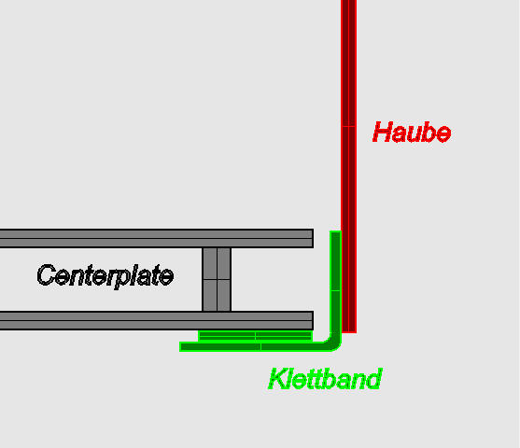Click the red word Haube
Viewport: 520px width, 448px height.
pos(411,133)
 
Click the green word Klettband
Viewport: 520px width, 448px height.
pos(324,379)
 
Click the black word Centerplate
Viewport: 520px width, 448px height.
pos(105,275)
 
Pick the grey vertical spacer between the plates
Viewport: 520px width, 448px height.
pos(217,279)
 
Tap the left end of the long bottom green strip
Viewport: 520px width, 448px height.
pos(184,346)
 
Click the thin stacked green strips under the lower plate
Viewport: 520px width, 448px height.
pos(254,335)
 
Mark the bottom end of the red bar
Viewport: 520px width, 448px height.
pos(348,329)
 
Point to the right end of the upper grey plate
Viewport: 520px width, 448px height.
pos(309,238)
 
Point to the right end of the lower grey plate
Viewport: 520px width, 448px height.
pos(309,320)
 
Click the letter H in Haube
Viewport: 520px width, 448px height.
pos(382,133)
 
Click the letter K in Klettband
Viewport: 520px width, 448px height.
pos(277,379)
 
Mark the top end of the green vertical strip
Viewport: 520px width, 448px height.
pos(335,234)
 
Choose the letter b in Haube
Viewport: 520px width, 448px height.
pos(428,133)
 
